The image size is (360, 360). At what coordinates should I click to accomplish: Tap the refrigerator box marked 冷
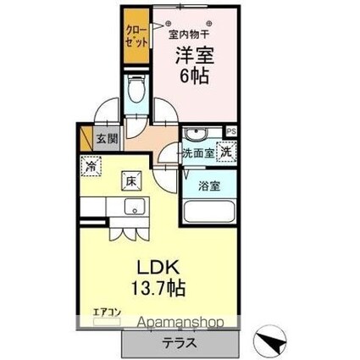(91, 167)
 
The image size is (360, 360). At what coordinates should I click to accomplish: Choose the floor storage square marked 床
(132, 180)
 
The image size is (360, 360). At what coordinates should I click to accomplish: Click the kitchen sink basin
(132, 209)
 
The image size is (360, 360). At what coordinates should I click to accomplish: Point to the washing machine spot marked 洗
(226, 152)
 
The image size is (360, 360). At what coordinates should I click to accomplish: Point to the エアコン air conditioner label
(107, 313)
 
